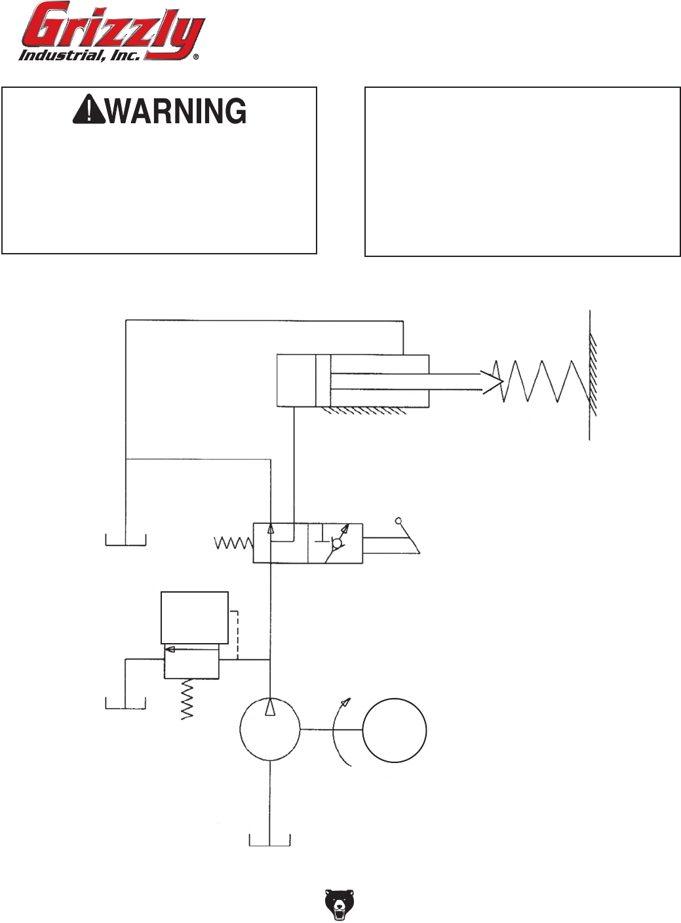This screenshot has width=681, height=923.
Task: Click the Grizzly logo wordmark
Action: click(111, 28)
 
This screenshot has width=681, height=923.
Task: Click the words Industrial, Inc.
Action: click(79, 55)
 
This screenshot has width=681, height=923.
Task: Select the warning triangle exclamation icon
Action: click(88, 110)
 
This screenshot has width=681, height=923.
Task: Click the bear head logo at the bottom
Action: click(340, 905)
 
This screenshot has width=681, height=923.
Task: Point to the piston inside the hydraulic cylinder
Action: click(323, 381)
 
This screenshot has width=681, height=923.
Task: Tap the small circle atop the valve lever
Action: click(398, 522)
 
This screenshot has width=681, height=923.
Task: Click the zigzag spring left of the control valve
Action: click(233, 543)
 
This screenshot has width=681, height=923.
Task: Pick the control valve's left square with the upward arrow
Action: click(281, 543)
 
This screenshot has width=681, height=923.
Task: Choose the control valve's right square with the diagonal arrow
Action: click(335, 543)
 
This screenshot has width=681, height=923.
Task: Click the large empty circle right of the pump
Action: click(395, 730)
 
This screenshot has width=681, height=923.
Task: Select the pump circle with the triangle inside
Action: click(270, 729)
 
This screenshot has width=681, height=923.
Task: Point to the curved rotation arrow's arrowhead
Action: click(345, 703)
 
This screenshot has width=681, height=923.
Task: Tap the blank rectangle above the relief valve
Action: click(195, 618)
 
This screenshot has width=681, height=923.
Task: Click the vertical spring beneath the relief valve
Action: click(187, 699)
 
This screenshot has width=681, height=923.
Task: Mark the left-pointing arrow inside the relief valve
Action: click(172, 650)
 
